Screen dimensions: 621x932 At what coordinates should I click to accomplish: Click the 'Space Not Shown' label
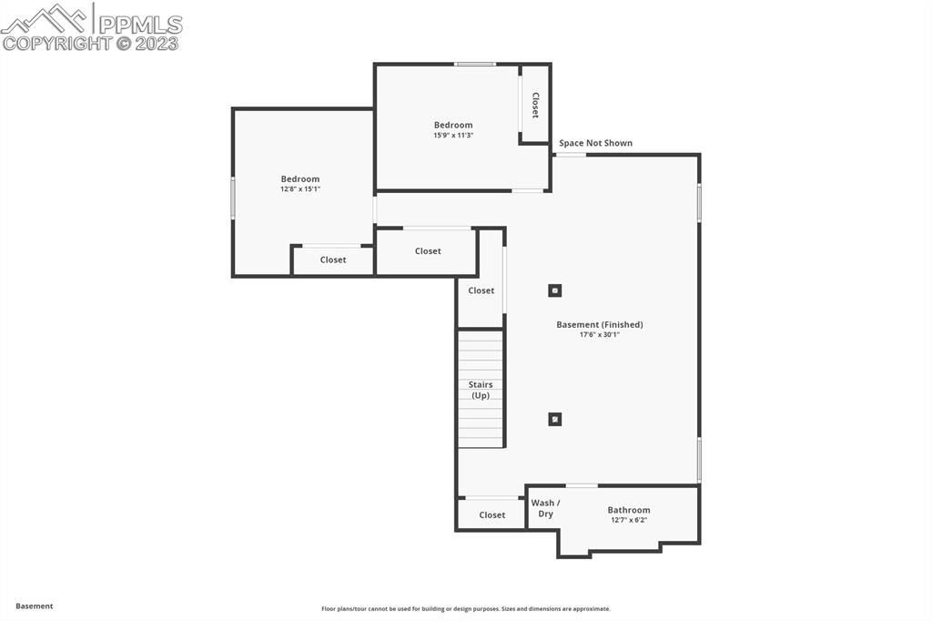tap(595, 143)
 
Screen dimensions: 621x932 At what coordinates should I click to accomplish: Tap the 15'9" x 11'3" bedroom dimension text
tap(453, 135)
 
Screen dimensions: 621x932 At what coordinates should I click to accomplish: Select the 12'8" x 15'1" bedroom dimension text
tap(300, 188)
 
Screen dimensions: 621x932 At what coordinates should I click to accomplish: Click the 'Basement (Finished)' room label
tap(600, 324)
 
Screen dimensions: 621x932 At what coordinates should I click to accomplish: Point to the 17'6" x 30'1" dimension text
tap(600, 334)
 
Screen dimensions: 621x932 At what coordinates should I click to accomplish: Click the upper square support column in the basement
tap(555, 290)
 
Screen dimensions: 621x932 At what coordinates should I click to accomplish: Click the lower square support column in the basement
tap(555, 419)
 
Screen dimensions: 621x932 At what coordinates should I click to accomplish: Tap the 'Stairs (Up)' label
tap(481, 390)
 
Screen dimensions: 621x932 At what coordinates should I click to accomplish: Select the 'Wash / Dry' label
tap(545, 508)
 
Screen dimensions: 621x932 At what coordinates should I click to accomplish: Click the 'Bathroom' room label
tap(629, 510)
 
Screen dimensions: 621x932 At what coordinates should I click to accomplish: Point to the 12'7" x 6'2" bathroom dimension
tap(629, 520)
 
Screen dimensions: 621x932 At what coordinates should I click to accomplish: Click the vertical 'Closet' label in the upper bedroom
tap(535, 105)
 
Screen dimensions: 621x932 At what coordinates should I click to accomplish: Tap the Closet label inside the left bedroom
tap(333, 260)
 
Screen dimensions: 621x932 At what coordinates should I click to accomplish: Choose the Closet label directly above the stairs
tap(481, 290)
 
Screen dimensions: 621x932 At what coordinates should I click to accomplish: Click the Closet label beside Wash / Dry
tap(492, 514)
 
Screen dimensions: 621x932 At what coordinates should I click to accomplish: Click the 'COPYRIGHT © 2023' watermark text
tap(91, 43)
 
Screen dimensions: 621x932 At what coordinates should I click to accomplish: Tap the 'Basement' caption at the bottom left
tap(35, 606)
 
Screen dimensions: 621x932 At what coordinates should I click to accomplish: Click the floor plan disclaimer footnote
tap(466, 608)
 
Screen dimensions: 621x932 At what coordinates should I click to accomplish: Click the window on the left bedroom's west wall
tap(233, 198)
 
